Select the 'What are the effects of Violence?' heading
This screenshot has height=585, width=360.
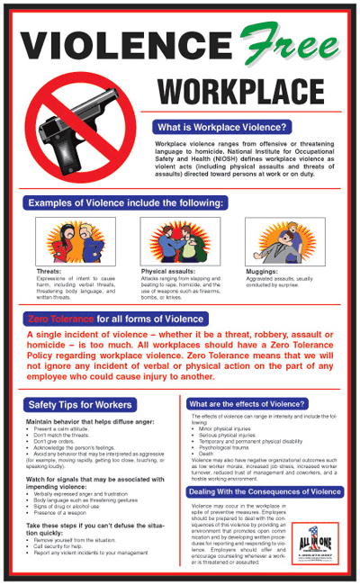point(247,404)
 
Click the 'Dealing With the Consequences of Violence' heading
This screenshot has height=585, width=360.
point(265,491)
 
